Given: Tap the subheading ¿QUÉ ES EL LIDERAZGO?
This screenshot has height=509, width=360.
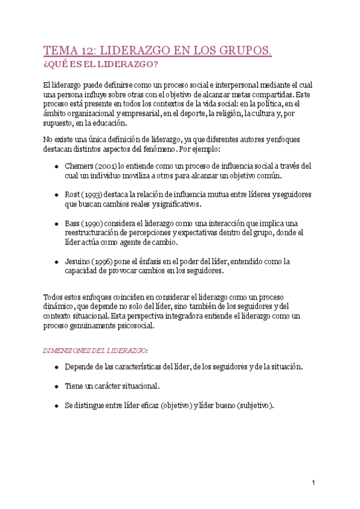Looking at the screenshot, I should click(x=101, y=64).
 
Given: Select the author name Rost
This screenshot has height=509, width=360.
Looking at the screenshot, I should click(x=73, y=194).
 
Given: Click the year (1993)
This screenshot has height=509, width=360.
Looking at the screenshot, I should click(x=93, y=194).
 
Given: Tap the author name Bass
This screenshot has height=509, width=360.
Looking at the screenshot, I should click(x=73, y=223).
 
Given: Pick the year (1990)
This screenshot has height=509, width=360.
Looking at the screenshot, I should click(x=93, y=223).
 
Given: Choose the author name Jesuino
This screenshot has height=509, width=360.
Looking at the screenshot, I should click(x=77, y=261).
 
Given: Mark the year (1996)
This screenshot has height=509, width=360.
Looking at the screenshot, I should click(x=104, y=261).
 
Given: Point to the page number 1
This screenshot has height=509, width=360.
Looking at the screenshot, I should click(x=313, y=483).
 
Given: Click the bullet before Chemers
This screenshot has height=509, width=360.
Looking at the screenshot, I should click(x=56, y=166).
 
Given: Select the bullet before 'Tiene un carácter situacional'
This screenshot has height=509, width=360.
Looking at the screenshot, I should click(x=56, y=386).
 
